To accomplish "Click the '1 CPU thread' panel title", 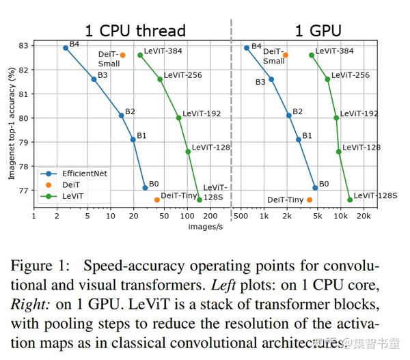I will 135,31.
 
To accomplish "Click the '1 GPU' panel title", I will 318,31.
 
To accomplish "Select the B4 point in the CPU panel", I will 66,48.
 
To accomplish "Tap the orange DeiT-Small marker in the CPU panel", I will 122,55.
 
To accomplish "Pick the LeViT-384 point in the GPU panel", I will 312,55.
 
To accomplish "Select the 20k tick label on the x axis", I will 364,216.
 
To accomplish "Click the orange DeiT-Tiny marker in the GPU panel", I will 310,199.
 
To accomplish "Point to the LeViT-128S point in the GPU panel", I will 350,199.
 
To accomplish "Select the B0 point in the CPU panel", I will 145,187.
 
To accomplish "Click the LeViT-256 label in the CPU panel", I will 182,75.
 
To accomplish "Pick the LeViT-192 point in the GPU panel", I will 336,117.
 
